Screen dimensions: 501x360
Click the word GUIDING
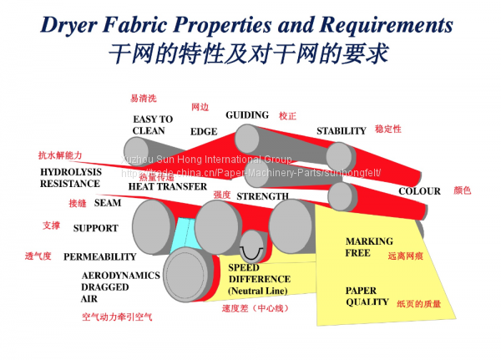(247, 115)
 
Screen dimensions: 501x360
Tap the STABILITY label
(341, 131)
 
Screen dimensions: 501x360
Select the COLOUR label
(419, 191)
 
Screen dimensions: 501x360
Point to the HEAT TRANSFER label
(167, 186)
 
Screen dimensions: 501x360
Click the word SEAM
(108, 203)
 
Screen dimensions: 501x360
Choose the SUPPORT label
(95, 228)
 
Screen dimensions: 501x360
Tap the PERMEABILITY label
(99, 257)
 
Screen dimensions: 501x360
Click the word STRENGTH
(262, 197)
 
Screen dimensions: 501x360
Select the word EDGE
(204, 132)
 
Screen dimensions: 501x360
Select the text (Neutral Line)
(257, 291)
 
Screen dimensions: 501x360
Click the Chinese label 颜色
(463, 190)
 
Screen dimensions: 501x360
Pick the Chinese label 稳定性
(388, 129)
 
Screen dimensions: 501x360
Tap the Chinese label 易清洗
(143, 99)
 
